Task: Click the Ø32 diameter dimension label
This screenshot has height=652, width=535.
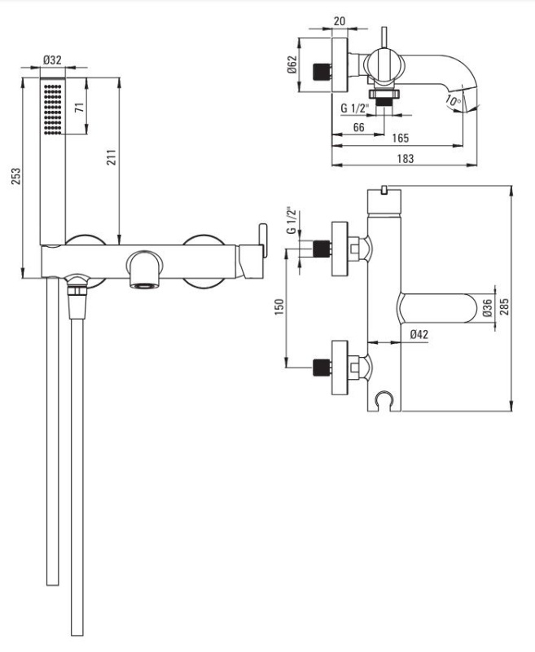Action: (x=52, y=59)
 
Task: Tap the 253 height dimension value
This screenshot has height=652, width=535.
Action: (x=15, y=177)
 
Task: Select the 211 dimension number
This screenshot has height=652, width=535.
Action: (x=112, y=157)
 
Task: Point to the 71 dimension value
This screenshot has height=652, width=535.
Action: (x=80, y=108)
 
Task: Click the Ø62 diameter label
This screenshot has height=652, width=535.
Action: (x=292, y=64)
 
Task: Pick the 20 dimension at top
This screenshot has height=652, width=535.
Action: (x=340, y=21)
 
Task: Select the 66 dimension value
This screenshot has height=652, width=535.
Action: (x=358, y=127)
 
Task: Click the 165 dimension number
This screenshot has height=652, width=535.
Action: (x=401, y=138)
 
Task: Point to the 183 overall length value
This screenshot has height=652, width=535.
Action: (x=406, y=158)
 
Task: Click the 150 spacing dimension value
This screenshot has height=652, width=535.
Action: (x=279, y=307)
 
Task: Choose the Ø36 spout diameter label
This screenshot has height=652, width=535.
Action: (x=488, y=308)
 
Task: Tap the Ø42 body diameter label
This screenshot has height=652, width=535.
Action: (x=419, y=334)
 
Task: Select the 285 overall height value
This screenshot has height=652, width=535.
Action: (x=504, y=307)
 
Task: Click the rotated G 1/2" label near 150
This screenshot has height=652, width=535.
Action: (x=292, y=220)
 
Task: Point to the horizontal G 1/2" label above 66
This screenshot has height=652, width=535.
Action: (x=355, y=108)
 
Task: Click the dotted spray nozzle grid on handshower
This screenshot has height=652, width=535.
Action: (x=53, y=109)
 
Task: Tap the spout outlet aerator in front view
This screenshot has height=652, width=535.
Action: (x=145, y=286)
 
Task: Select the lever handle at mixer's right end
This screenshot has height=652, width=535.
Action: (x=263, y=240)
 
